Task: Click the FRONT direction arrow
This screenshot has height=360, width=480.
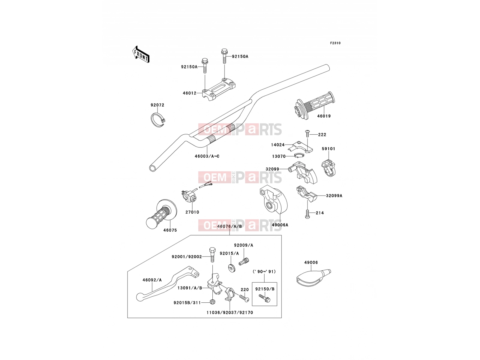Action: (x=141, y=55)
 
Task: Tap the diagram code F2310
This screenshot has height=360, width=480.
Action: (x=335, y=43)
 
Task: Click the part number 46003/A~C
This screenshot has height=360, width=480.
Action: (x=207, y=156)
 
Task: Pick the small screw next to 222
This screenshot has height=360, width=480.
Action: (x=307, y=133)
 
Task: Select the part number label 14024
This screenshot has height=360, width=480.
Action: (x=278, y=145)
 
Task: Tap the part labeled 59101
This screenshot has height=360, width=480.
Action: (x=328, y=168)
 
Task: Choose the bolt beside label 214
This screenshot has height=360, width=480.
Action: (x=307, y=214)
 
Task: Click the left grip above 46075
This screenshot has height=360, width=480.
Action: (x=161, y=214)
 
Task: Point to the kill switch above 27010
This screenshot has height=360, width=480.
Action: (x=189, y=196)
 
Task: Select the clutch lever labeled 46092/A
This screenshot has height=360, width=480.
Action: (x=167, y=283)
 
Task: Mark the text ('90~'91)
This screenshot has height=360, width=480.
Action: (x=264, y=272)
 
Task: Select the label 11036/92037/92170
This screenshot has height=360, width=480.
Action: (x=230, y=313)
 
